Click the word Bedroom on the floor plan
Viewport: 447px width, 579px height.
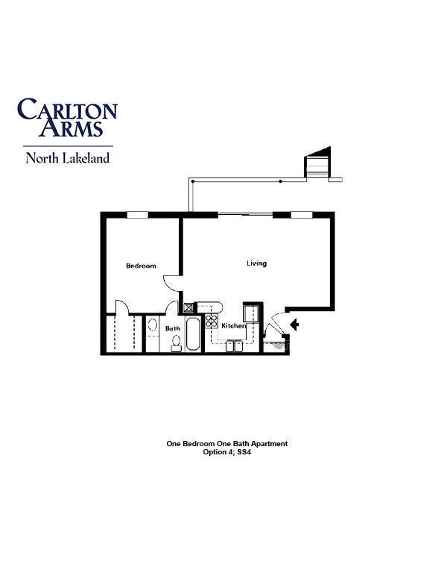pos(141,266)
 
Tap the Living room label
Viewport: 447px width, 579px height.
pos(256,263)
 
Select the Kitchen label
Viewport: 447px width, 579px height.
pos(233,325)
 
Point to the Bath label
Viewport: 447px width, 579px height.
pos(173,328)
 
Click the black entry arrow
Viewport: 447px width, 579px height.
pos(294,325)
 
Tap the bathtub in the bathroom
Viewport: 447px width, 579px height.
pos(193,334)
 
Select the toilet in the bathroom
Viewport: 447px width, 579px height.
pos(177,343)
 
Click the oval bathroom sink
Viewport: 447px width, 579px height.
pos(152,325)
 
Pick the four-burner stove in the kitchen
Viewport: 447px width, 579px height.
pos(212,321)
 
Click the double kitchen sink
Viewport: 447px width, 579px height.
pos(234,346)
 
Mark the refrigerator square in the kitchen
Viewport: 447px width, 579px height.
pos(251,313)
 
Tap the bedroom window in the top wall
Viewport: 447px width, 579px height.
pos(138,215)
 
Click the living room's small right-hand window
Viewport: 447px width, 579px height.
pos(302,215)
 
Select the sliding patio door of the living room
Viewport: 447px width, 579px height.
pos(245,213)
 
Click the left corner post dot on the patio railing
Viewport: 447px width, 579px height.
pos(192,181)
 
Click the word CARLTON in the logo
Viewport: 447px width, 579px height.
pos(68,109)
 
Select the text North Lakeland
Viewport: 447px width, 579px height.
pos(68,158)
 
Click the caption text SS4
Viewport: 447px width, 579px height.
pos(244,452)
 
